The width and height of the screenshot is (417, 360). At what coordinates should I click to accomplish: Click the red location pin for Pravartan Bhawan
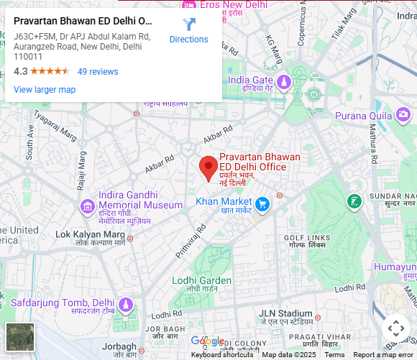point(208,167)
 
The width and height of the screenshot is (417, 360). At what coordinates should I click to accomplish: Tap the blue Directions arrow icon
point(189,25)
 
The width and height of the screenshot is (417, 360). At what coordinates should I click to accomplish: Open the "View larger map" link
point(45,90)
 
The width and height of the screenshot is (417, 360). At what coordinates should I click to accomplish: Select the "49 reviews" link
point(98,72)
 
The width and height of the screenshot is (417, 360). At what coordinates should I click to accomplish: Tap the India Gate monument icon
point(283,81)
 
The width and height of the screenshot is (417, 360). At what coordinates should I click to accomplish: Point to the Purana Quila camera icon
point(403,114)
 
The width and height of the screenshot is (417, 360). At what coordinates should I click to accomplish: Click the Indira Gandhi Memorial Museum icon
point(88,207)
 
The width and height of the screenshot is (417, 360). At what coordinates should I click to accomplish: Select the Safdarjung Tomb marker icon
point(126,305)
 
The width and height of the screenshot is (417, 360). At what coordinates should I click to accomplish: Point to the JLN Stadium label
point(285,314)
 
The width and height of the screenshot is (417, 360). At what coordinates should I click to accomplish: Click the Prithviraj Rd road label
point(191,241)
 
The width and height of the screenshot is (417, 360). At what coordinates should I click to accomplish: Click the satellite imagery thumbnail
point(20,338)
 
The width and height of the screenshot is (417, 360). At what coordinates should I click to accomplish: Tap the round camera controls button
point(395,329)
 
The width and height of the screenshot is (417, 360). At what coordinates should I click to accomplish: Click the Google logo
point(207,341)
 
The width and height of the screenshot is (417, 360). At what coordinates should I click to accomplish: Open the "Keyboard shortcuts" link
point(222,355)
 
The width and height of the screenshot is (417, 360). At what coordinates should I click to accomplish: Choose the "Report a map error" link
point(383,355)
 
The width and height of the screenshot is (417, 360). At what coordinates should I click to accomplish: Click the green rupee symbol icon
point(354,202)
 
